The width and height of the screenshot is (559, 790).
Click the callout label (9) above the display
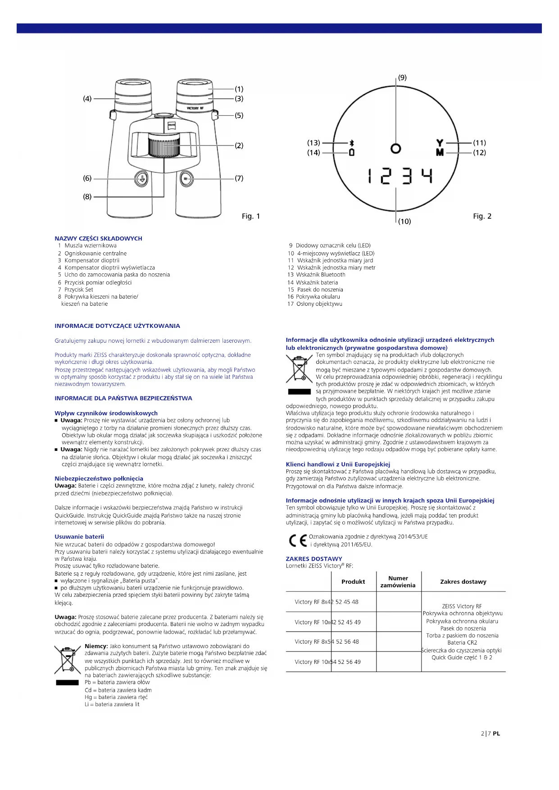tap(402, 77)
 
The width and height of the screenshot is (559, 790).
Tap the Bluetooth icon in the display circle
tap(352, 143)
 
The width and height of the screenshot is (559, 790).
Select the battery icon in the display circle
tap(352, 152)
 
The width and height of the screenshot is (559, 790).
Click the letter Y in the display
tap(440, 143)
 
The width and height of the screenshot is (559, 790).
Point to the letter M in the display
tap(440, 152)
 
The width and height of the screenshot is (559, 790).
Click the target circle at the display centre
tap(396, 148)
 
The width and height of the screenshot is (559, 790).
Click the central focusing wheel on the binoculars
tap(164, 145)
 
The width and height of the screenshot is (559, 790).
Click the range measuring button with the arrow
tap(141, 179)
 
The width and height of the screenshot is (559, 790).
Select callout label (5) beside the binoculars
tap(239, 115)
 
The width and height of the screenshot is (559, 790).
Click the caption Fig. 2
tap(482, 216)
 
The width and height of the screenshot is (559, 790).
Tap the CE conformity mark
tap(298, 540)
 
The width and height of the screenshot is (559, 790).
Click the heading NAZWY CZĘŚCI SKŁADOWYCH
tap(98, 238)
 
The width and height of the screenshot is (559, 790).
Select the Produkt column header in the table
tap(353, 581)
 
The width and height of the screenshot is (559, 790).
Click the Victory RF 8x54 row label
tap(327, 641)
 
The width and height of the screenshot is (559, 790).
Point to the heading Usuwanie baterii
tap(79, 536)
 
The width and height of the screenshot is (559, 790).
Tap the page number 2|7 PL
tap(491, 733)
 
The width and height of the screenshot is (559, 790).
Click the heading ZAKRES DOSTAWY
tap(314, 558)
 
